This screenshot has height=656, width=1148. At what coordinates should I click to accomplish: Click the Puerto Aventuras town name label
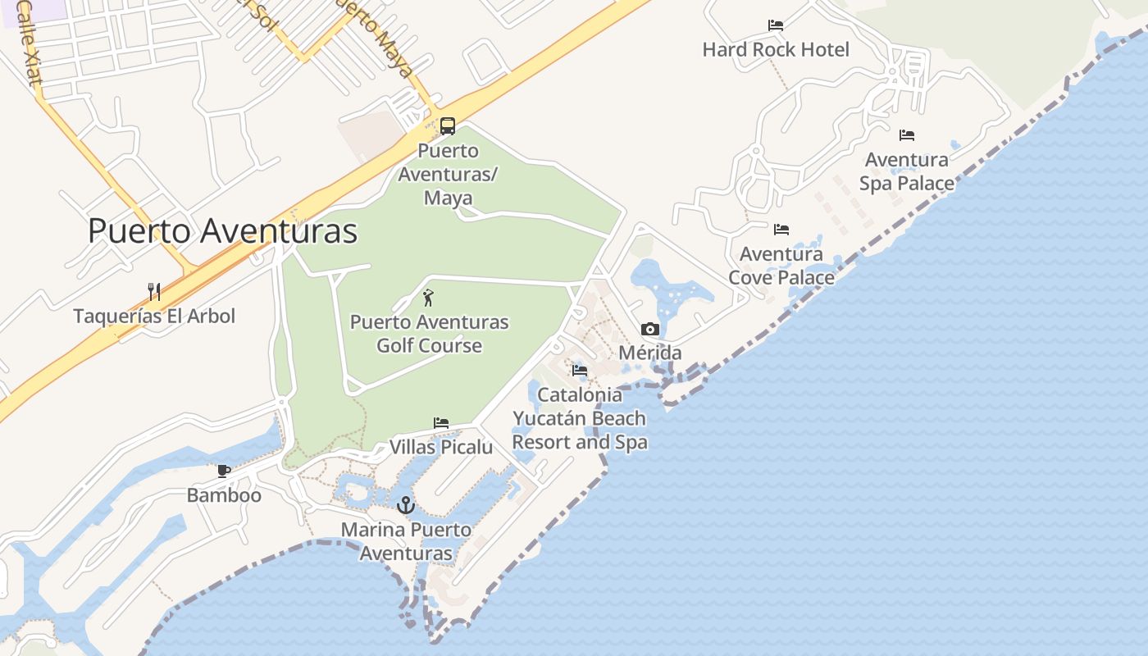(x=222, y=231)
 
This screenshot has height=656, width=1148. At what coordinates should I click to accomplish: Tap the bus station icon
(x=448, y=126)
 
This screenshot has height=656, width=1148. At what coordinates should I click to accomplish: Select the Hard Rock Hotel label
(x=776, y=50)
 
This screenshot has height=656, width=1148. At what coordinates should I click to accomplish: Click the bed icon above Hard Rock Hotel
(x=776, y=25)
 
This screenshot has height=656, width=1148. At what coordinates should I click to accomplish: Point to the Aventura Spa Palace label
(x=907, y=171)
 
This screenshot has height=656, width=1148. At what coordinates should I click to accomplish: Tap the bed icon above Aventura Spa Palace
(x=907, y=135)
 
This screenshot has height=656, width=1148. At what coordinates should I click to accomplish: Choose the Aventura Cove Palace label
(x=781, y=266)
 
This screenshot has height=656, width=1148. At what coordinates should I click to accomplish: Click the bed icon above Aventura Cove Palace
(x=781, y=230)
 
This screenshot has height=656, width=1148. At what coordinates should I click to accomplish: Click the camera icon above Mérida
(x=650, y=330)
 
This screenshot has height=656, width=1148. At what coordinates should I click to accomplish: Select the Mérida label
(x=650, y=353)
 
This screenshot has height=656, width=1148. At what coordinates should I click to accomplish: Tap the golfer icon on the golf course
(x=427, y=298)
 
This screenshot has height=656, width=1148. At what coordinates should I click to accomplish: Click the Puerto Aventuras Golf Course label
(x=429, y=334)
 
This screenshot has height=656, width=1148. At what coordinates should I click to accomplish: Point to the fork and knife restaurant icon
(x=153, y=291)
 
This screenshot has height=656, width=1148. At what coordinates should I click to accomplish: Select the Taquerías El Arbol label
(x=154, y=316)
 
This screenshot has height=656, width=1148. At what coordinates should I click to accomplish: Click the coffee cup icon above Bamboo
(x=224, y=471)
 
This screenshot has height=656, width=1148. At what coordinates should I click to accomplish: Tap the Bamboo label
(x=224, y=495)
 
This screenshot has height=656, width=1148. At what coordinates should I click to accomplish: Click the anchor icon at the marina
(x=406, y=505)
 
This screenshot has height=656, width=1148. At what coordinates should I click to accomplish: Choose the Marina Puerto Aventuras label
(x=406, y=541)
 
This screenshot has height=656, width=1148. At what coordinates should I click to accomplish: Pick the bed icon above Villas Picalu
(x=441, y=423)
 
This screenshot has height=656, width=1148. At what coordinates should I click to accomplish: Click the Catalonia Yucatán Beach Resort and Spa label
(x=580, y=418)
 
